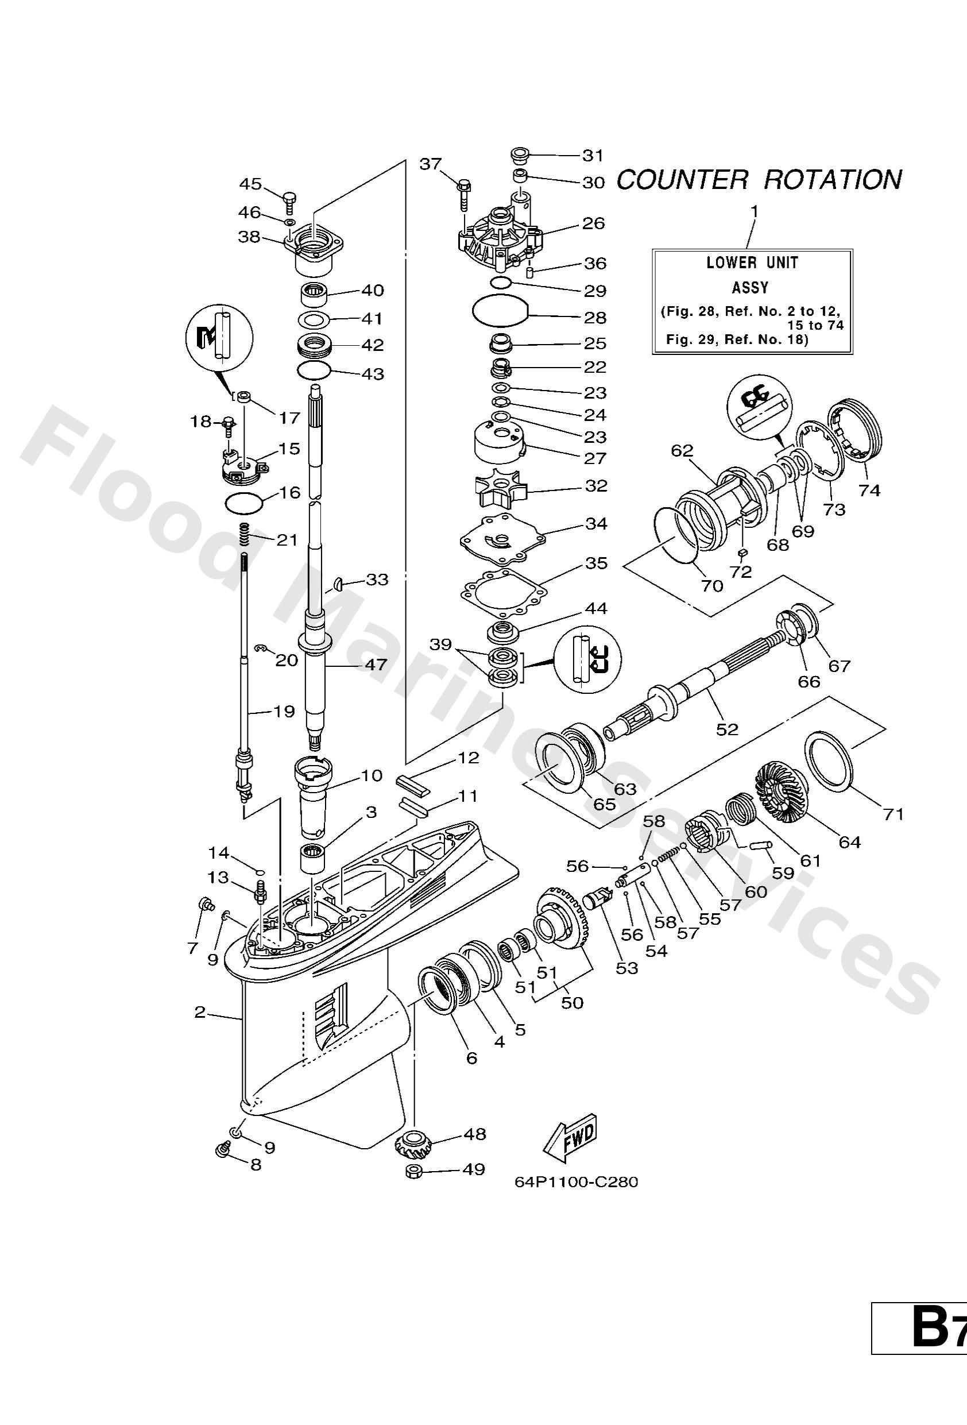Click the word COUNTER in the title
click(x=681, y=180)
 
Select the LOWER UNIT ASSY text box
click(x=752, y=301)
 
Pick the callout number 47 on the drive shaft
click(x=376, y=664)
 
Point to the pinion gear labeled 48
click(x=413, y=1144)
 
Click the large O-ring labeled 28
click(x=500, y=310)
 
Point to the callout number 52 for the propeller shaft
click(x=727, y=729)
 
